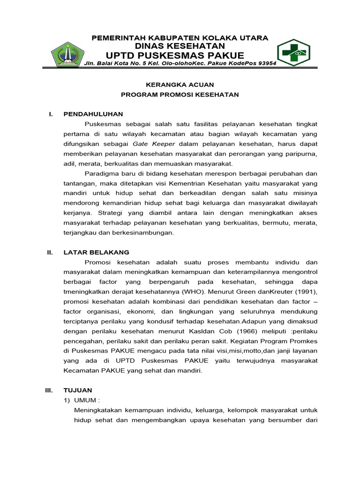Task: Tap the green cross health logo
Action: pos(293,53)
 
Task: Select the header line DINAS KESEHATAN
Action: pos(180,45)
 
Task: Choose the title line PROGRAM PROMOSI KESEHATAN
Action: pos(180,95)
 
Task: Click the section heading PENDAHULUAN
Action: pos(93,114)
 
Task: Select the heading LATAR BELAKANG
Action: pos(96,252)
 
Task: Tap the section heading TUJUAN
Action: pos(78,390)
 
